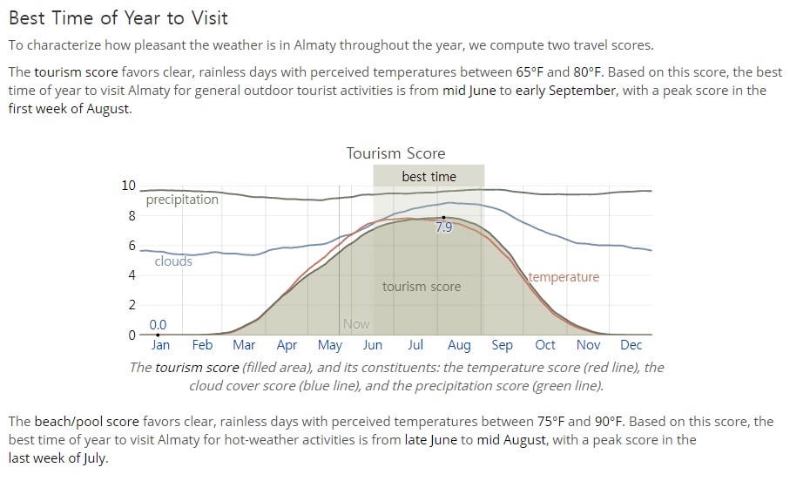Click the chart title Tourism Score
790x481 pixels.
coord(395,153)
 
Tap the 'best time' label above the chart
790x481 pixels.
coord(429,177)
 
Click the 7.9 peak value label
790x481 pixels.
coord(444,227)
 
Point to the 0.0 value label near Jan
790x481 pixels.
coord(158,325)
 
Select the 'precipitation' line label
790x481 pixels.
coord(182,200)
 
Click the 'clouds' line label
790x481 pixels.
coord(173,261)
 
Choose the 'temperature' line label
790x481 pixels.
coord(564,277)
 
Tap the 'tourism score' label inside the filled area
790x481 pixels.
coord(422,287)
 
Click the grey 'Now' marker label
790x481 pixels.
coord(356,324)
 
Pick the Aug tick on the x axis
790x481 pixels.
coord(459,345)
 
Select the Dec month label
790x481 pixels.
coord(631,345)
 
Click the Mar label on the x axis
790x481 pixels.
coord(244,345)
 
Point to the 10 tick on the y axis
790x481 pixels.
coord(129,186)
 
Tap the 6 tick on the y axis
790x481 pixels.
coord(132,246)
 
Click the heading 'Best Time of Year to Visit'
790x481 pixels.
coord(118,18)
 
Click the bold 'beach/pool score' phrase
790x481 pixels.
coord(86,422)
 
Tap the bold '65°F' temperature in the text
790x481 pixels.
coord(530,72)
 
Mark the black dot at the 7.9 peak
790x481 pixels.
coord(443,217)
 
